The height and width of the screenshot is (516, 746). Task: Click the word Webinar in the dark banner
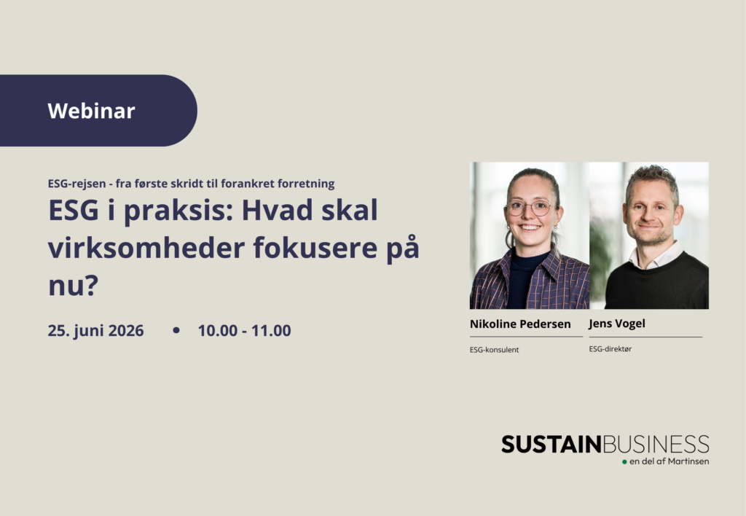[91, 111]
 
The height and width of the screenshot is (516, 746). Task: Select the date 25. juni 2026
[95, 331]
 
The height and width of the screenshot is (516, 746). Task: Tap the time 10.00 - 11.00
[245, 330]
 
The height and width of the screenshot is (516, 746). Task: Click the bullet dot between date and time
[176, 330]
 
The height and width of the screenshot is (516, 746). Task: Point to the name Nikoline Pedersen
[520, 324]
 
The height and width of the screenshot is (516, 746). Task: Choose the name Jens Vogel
[617, 324]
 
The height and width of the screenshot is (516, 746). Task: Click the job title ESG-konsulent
[494, 350]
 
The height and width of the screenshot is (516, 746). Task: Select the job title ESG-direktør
[610, 349]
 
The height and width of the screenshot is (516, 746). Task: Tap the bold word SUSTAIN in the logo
[552, 445]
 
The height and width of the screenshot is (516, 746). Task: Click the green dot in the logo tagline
[624, 462]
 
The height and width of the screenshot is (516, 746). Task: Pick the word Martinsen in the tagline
[688, 461]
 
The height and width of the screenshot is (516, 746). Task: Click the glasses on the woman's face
[530, 208]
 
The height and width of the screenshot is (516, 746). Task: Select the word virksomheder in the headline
[146, 248]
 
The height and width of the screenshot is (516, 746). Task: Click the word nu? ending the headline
[74, 286]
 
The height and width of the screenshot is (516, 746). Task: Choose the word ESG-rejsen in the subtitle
[76, 184]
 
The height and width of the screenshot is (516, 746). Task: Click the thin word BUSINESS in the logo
[656, 445]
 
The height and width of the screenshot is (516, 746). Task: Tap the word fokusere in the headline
[315, 248]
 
